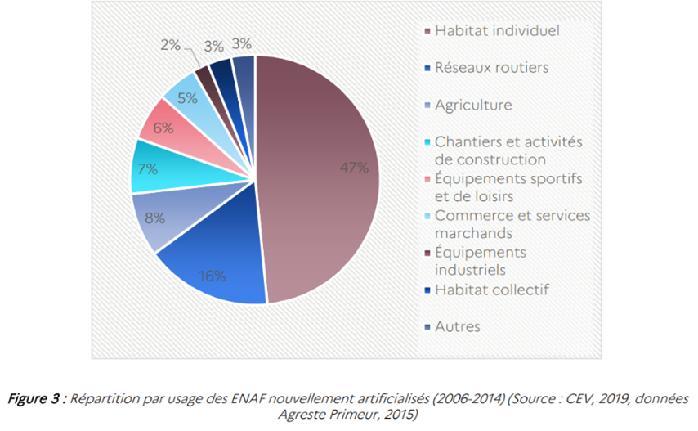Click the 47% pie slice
(327, 180)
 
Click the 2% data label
(170, 45)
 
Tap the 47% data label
(354, 168)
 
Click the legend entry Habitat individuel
(497, 31)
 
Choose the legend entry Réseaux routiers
(491, 68)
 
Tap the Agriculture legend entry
(473, 105)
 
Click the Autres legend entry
(458, 326)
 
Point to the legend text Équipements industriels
(481, 260)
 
